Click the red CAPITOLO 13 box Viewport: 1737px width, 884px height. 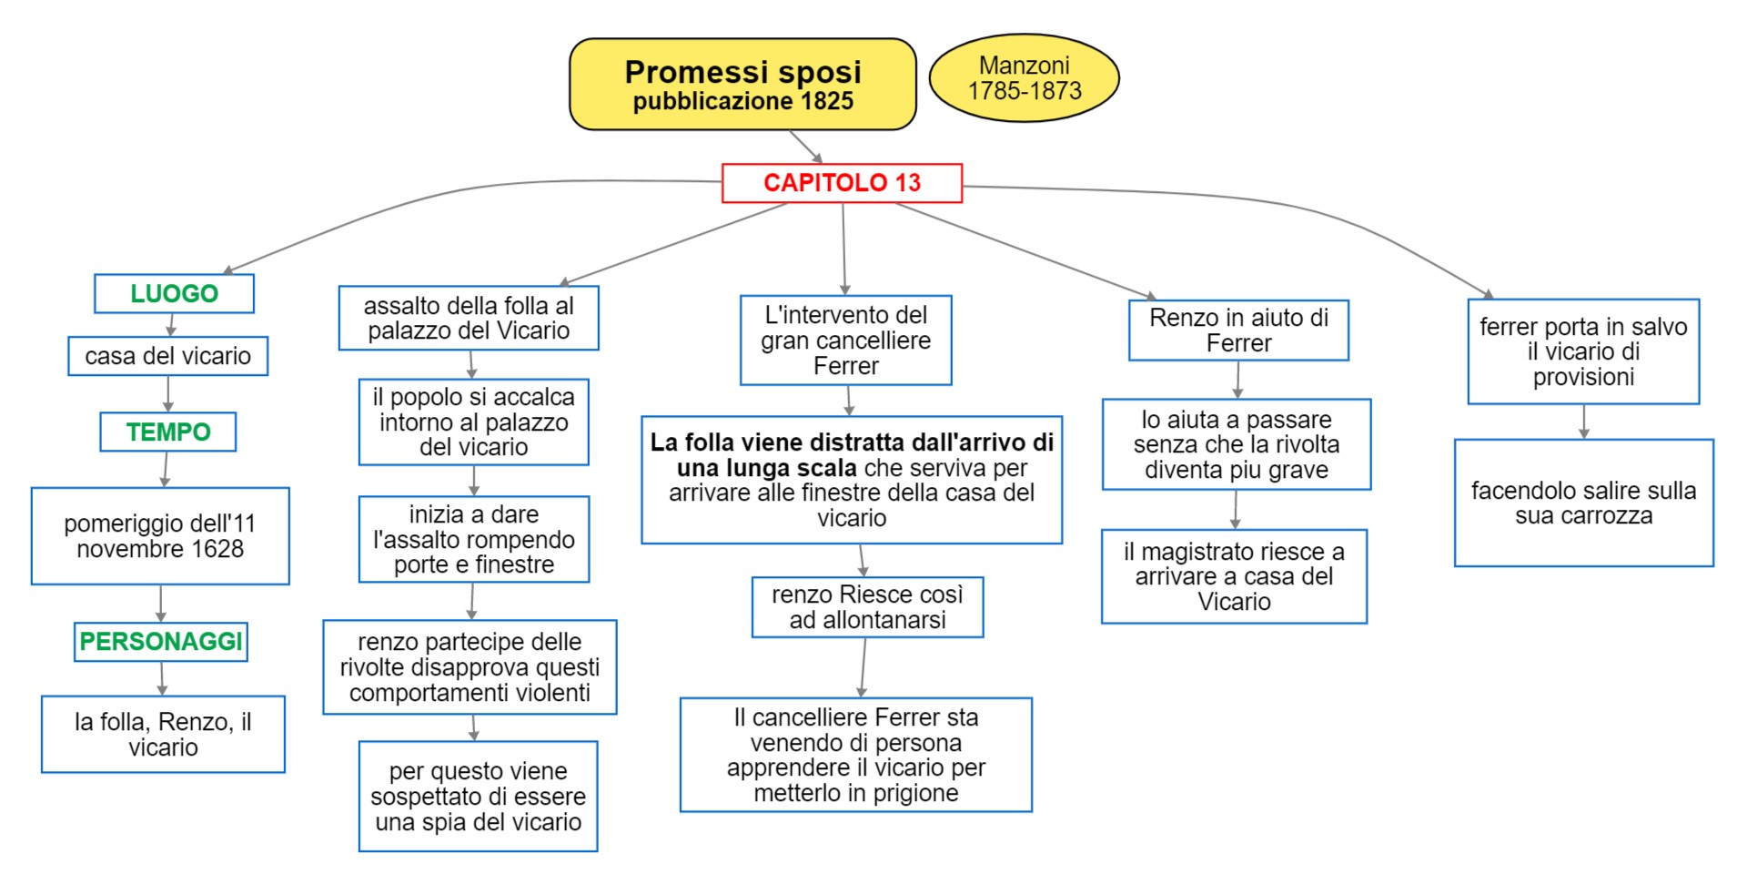[842, 183]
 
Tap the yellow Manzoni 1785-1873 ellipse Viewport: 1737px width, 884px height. [1024, 78]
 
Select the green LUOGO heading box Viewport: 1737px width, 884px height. [174, 293]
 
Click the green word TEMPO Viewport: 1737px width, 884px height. [168, 432]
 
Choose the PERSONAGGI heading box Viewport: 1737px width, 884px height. [161, 642]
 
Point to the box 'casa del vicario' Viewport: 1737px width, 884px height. [167, 356]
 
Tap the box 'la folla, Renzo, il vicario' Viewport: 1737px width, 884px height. [163, 735]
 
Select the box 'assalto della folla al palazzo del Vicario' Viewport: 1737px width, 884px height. [469, 319]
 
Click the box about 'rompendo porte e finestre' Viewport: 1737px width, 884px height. [473, 540]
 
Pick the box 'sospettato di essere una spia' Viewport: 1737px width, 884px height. [478, 797]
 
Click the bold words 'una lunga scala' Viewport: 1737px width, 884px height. [766, 468]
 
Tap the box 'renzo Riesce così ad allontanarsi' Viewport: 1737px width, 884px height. [867, 607]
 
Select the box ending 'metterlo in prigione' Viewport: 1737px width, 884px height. [855, 755]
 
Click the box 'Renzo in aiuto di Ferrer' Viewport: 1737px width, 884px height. [1238, 330]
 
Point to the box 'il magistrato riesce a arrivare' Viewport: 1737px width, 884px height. [1234, 576]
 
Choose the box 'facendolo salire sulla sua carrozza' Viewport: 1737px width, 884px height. [1583, 503]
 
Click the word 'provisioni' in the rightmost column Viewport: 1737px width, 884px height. [1583, 377]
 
